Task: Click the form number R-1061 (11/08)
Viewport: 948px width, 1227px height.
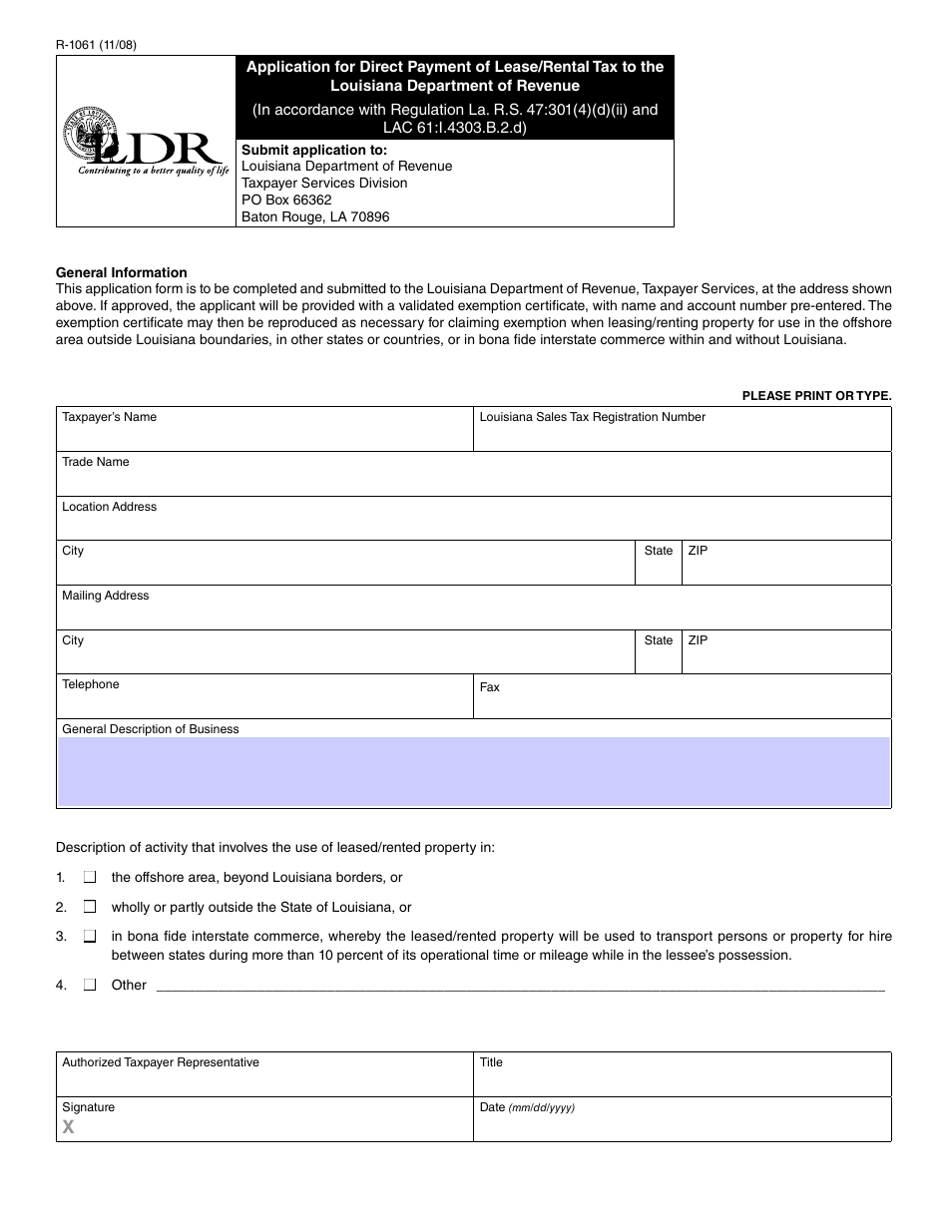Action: pos(97,45)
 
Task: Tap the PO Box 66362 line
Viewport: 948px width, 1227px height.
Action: pos(286,200)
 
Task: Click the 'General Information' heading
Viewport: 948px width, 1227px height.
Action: pos(121,272)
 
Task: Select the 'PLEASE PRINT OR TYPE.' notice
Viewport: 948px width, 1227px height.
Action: pos(816,396)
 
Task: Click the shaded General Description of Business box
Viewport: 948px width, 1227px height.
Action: pos(473,771)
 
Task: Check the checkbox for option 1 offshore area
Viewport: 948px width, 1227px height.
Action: pos(90,877)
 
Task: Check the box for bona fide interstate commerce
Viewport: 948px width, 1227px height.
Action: pos(90,937)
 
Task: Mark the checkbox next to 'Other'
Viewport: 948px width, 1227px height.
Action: pos(90,985)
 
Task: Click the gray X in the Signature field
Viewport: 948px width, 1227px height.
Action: pos(69,1127)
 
